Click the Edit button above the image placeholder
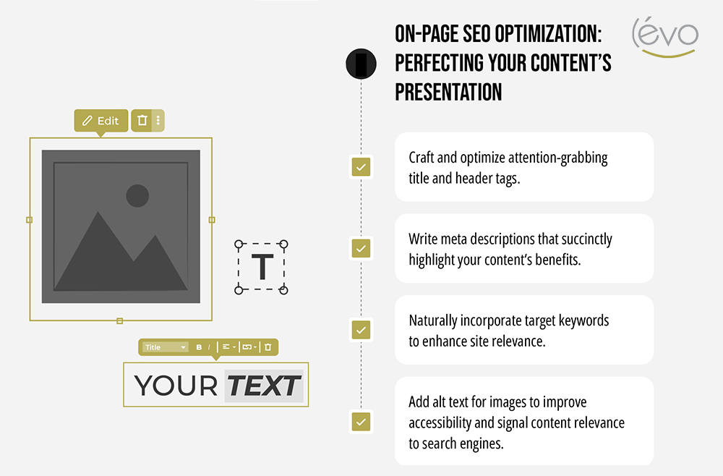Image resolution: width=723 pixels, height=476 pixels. pyautogui.click(x=100, y=121)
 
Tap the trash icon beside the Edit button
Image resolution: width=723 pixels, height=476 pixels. pyautogui.click(x=142, y=121)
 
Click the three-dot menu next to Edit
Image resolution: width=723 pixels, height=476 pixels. pyautogui.click(x=158, y=121)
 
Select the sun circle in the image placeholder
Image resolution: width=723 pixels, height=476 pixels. pyautogui.click(x=137, y=195)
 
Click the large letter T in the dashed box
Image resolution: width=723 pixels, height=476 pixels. pyautogui.click(x=262, y=268)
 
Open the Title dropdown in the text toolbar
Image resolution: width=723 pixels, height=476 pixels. pyautogui.click(x=165, y=347)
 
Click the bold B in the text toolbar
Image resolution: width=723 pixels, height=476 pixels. pyautogui.click(x=200, y=347)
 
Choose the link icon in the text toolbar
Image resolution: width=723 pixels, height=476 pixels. pyautogui.click(x=247, y=347)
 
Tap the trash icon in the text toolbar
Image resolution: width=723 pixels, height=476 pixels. pyautogui.click(x=268, y=347)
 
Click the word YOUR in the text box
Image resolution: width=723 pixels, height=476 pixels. pyautogui.click(x=176, y=386)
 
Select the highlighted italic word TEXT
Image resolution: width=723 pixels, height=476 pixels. pyautogui.click(x=263, y=386)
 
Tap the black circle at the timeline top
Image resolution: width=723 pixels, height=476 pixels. pyautogui.click(x=361, y=64)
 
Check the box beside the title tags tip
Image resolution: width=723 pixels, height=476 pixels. pyautogui.click(x=361, y=167)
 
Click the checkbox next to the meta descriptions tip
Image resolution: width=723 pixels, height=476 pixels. pyautogui.click(x=361, y=248)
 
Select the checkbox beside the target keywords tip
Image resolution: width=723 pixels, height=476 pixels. pyautogui.click(x=361, y=330)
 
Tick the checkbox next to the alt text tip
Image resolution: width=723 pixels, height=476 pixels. pyautogui.click(x=361, y=422)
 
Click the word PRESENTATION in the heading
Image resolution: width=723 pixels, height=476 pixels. pyautogui.click(x=448, y=92)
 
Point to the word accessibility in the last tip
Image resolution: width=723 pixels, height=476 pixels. pyautogui.click(x=444, y=422)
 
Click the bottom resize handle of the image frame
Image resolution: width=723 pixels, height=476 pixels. pyautogui.click(x=120, y=320)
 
